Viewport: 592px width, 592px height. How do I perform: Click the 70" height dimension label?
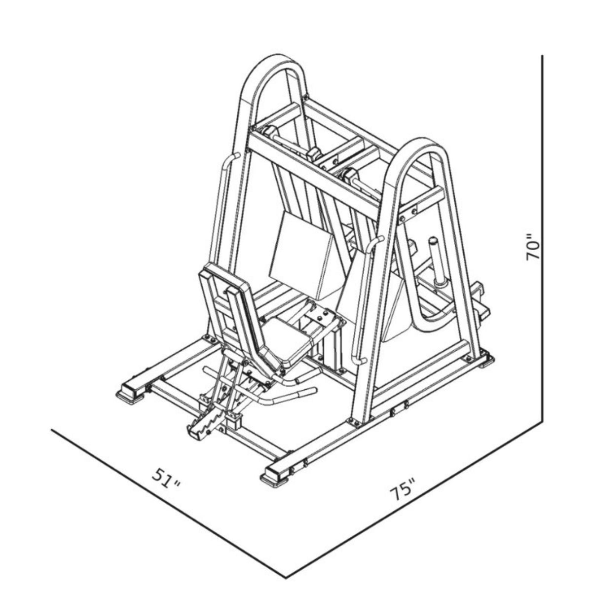[x=534, y=248]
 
